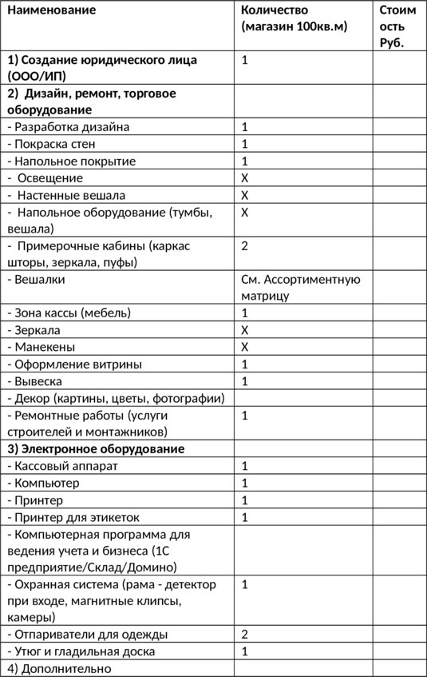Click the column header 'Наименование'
tap(52, 10)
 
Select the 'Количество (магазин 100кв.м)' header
tap(295, 18)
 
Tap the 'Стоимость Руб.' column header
tap(397, 26)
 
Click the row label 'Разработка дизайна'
tap(69, 127)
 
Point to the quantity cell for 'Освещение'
tap(245, 178)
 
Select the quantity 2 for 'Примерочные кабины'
tap(245, 245)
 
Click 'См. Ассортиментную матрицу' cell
tap(300, 288)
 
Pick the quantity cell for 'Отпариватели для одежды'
tap(245, 635)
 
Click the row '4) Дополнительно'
tap(59, 668)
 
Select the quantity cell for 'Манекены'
tap(245, 347)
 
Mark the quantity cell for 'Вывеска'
tap(245, 381)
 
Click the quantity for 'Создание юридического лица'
tap(245, 60)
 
